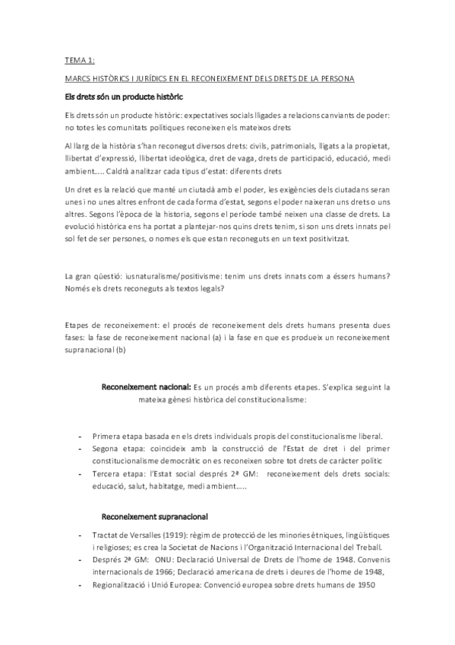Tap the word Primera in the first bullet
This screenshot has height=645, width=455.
(x=108, y=436)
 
